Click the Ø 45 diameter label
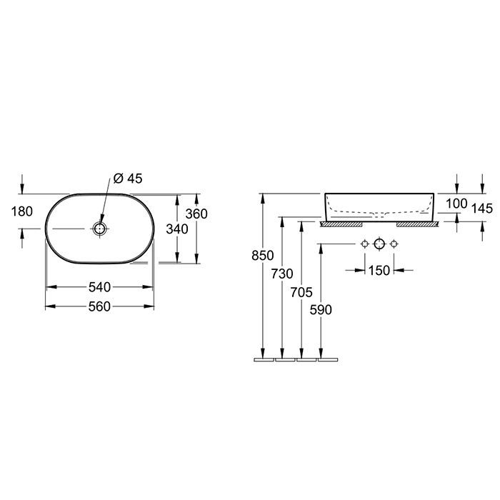point(128,179)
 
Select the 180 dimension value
point(22,211)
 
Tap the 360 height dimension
point(196,214)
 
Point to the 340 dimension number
point(177,229)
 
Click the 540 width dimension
point(99,287)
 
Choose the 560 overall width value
point(99,306)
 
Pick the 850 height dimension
point(262,256)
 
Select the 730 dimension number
point(282,274)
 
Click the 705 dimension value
point(301,292)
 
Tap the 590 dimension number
point(321,309)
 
